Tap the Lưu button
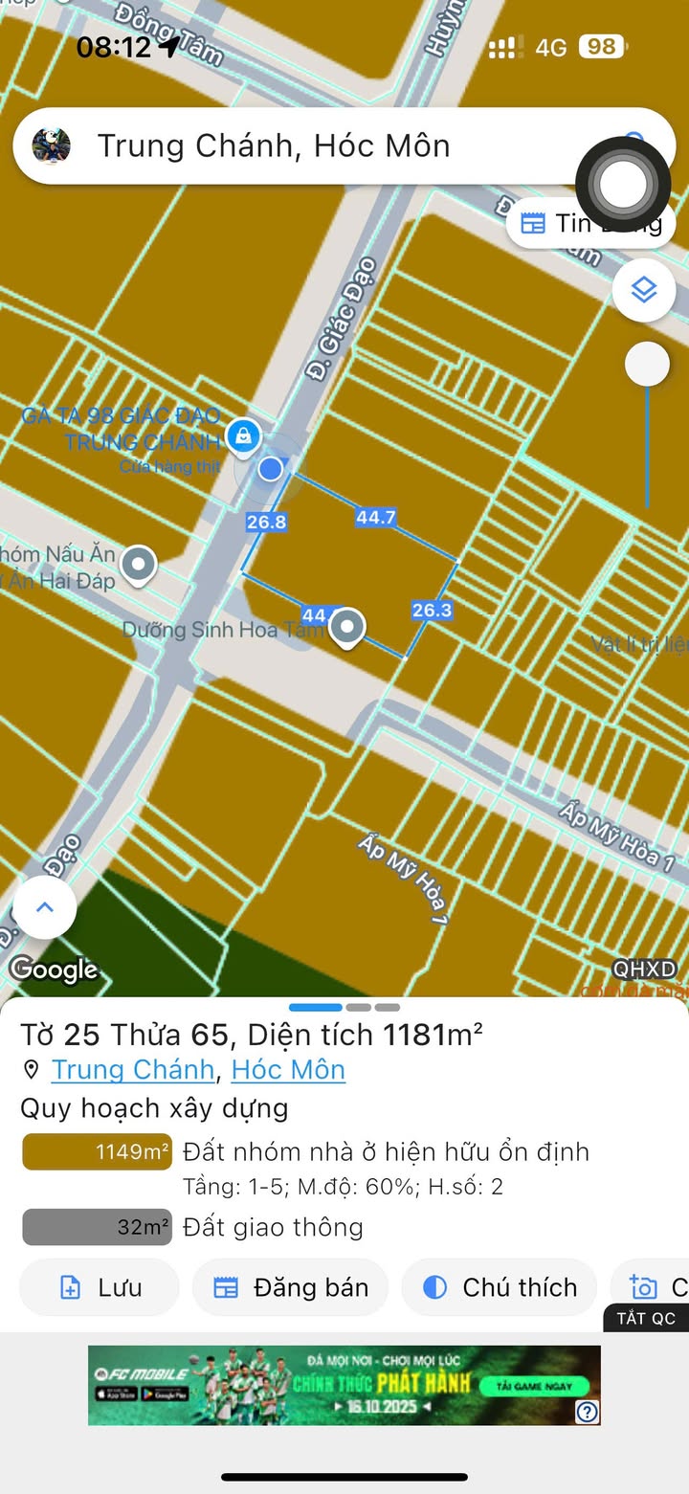(x=100, y=1287)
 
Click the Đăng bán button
(x=291, y=1287)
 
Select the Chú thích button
(x=500, y=1287)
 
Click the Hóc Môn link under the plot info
(x=288, y=1069)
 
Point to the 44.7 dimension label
(x=376, y=518)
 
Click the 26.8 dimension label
(x=266, y=522)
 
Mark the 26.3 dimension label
(x=432, y=610)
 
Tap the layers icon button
(x=644, y=289)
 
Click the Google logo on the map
(x=54, y=970)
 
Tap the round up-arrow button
(x=44, y=907)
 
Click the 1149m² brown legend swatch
(x=97, y=1152)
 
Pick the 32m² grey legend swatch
(x=97, y=1227)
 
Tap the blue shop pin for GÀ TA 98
(x=246, y=437)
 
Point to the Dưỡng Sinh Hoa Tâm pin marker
(x=346, y=628)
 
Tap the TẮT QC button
(x=646, y=1318)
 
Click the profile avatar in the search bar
(x=52, y=145)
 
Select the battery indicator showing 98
(x=602, y=47)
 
